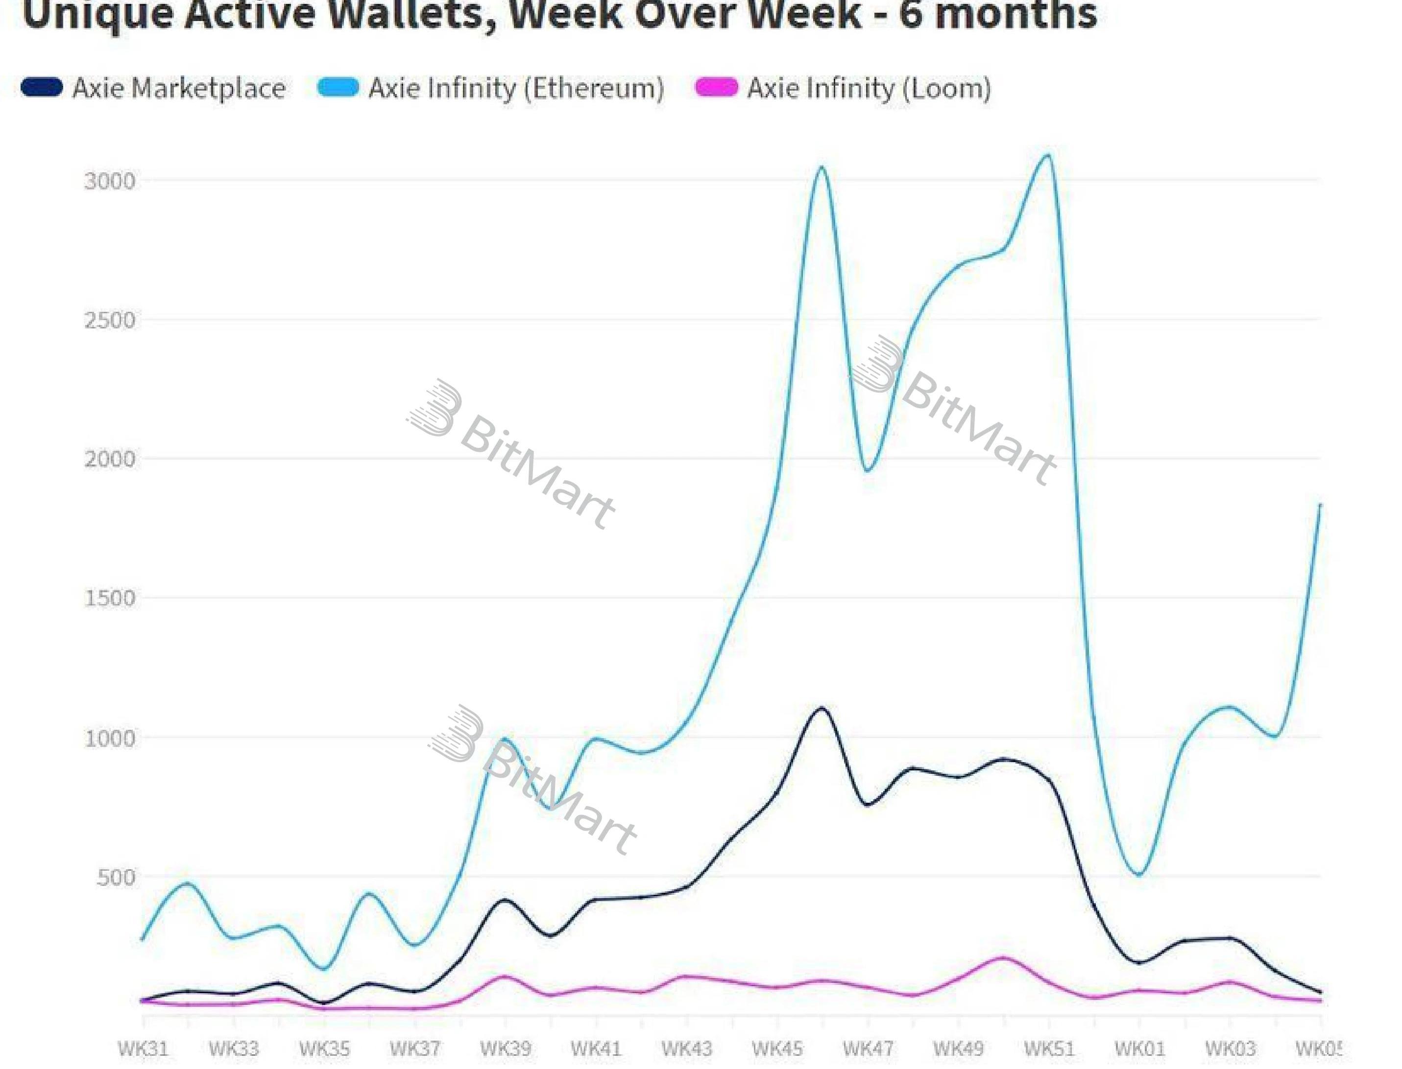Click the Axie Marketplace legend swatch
42,87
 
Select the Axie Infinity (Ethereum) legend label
516,88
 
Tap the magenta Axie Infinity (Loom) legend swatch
716,87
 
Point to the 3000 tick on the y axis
110,181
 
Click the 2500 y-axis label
110,320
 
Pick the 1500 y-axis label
110,598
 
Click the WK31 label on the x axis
143,1048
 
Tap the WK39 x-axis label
505,1048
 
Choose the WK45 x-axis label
777,1048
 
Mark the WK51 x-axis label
1049,1048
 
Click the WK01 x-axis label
1139,1048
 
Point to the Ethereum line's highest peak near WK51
1047,155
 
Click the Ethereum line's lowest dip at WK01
1139,875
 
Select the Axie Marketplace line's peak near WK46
822,708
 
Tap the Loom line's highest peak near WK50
1003,957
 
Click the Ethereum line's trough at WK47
867,471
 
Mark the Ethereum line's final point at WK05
1320,505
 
